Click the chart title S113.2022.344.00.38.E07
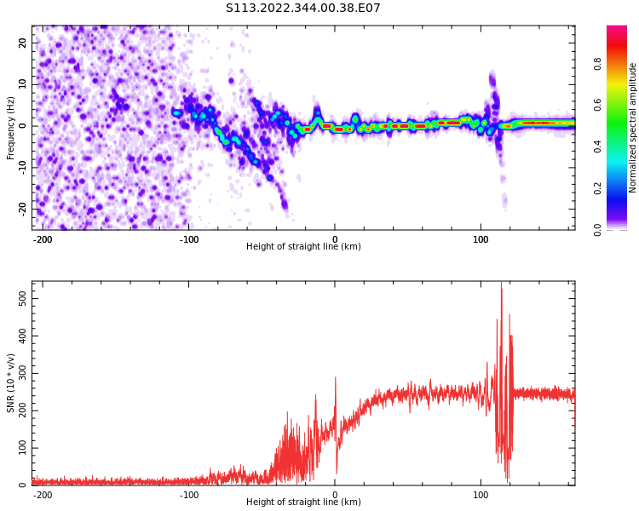click(x=302, y=9)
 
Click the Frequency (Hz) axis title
click(x=11, y=128)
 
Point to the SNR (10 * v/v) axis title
click(x=11, y=383)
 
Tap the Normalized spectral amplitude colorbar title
click(x=633, y=128)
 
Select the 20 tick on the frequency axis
click(x=23, y=43)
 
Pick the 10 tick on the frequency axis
click(x=23, y=83)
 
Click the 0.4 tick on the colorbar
click(x=597, y=146)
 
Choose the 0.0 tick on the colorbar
click(x=597, y=228)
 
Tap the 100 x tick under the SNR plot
click(x=481, y=495)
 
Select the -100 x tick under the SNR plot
click(x=189, y=495)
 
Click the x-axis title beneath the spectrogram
click(x=303, y=247)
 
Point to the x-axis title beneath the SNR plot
click(x=303, y=502)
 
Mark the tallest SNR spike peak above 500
click(x=501, y=283)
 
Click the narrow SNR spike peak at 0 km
click(x=336, y=378)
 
